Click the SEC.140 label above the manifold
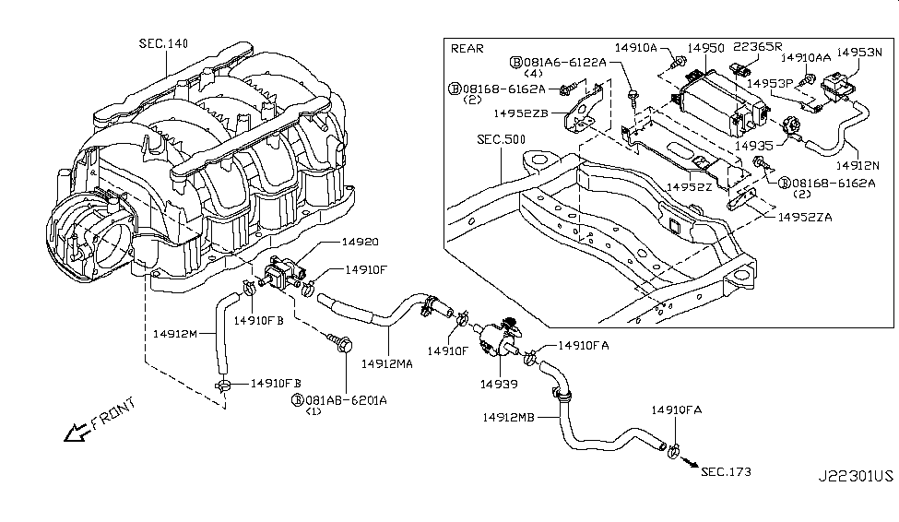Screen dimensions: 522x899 click(x=163, y=43)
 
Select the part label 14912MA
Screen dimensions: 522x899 click(x=386, y=362)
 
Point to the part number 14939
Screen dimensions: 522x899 click(x=497, y=379)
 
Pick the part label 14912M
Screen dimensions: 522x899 click(x=175, y=333)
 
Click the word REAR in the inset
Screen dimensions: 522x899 click(x=467, y=48)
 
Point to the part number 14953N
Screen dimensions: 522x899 click(x=859, y=53)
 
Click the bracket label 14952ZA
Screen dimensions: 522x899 click(x=806, y=218)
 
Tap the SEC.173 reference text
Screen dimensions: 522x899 click(x=726, y=472)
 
